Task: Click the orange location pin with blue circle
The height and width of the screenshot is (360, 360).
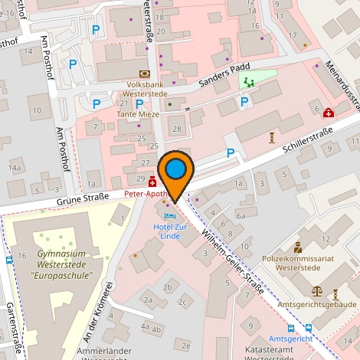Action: pyautogui.click(x=176, y=170)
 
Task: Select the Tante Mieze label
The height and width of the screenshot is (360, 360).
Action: pyautogui.click(x=138, y=114)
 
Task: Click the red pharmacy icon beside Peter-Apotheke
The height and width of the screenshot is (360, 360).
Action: pyautogui.click(x=152, y=182)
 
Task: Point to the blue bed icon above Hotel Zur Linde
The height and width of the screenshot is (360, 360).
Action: pyautogui.click(x=169, y=217)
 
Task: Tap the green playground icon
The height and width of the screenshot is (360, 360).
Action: pyautogui.click(x=247, y=80)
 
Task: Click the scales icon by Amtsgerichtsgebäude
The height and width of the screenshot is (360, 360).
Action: pyautogui.click(x=318, y=292)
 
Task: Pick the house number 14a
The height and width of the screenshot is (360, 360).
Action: pyautogui.click(x=15, y=167)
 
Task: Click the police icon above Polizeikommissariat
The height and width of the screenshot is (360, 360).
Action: pyautogui.click(x=298, y=247)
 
